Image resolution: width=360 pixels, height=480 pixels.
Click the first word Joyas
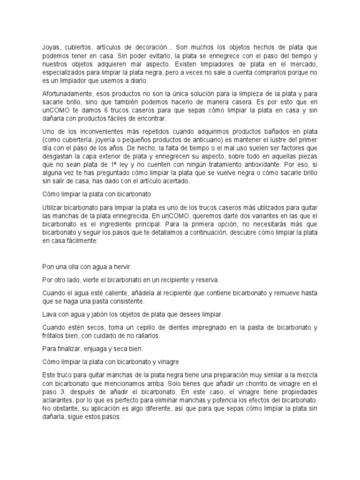tap(50, 47)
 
